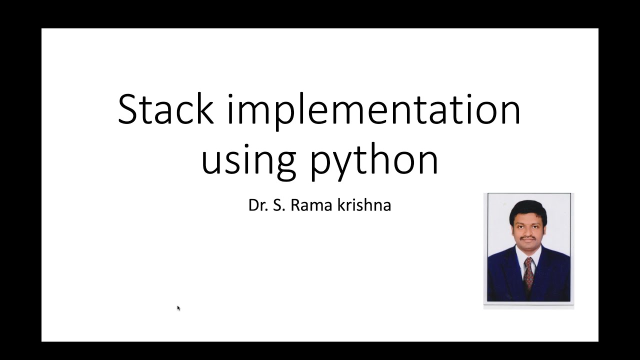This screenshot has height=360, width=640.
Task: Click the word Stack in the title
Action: click(165, 109)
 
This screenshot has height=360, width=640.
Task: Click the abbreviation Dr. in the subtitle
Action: click(257, 205)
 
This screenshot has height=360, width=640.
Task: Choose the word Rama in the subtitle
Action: click(308, 205)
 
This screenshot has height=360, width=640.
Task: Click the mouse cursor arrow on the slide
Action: click(178, 308)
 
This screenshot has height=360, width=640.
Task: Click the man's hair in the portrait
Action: click(528, 209)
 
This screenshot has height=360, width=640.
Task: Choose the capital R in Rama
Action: click(295, 205)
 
